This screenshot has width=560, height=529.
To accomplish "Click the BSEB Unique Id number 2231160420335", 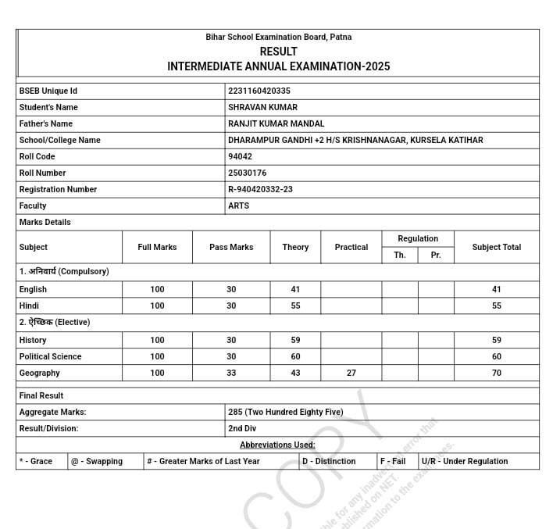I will (x=259, y=91).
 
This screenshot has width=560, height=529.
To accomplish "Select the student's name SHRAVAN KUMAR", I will (x=262, y=107).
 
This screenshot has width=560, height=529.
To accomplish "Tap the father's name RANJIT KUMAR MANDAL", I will (x=276, y=123).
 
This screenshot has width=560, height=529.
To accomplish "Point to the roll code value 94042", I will (x=240, y=156).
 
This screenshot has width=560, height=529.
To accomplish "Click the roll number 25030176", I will (x=247, y=173).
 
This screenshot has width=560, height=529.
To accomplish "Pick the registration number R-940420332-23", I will (x=260, y=189).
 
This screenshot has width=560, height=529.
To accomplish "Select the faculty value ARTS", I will (x=238, y=206).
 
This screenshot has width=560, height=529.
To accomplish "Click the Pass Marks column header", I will (x=231, y=247).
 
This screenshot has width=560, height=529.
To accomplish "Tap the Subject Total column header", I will (x=496, y=247).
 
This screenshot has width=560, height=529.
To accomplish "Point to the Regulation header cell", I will (x=418, y=238).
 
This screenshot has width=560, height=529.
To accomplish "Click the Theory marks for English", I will (x=295, y=289).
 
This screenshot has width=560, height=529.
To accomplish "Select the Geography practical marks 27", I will (x=351, y=373).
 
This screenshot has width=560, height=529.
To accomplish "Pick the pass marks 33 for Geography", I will (x=231, y=373).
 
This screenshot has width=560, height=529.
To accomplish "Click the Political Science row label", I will (x=50, y=356).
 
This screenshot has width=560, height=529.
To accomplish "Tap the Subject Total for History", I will (x=496, y=340).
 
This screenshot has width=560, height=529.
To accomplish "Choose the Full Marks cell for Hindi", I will (x=157, y=306).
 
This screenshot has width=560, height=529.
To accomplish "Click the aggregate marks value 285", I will (x=285, y=412).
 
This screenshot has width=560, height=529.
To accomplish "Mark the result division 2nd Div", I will (x=242, y=428).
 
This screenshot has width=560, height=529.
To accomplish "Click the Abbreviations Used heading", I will (x=277, y=445).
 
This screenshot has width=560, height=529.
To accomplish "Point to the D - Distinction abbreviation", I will (x=329, y=461).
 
